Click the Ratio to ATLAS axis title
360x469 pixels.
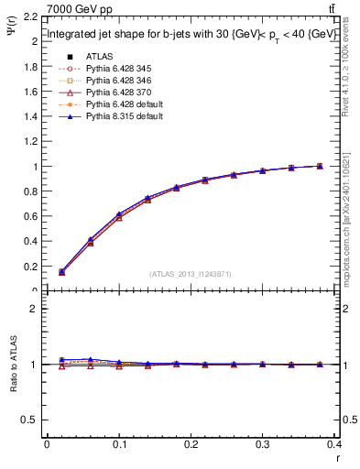12,367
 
